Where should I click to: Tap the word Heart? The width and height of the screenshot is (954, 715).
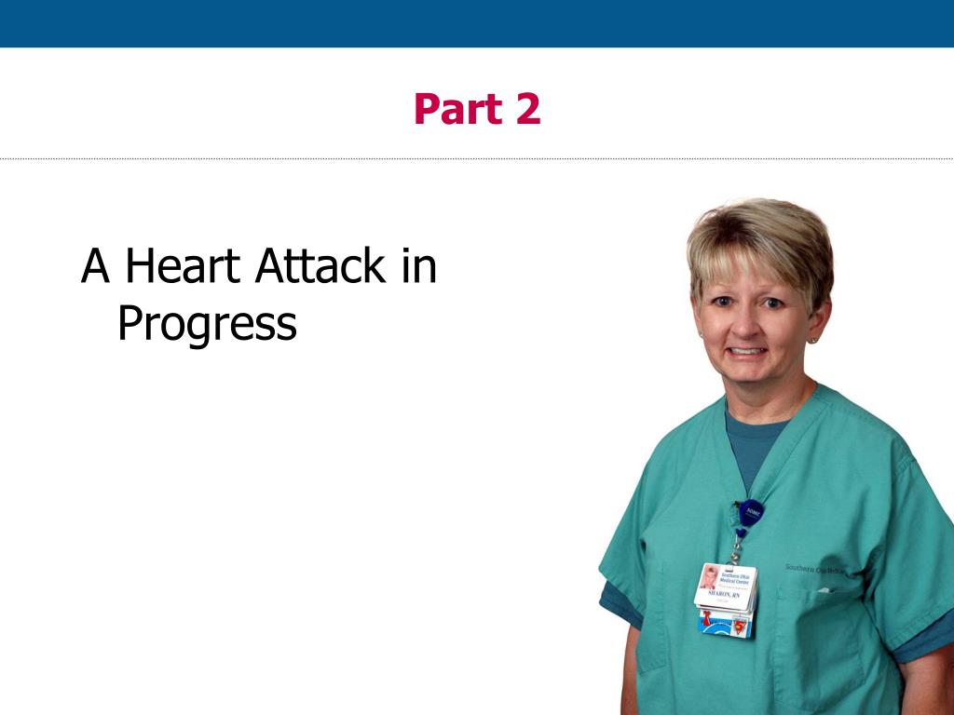pos(185,266)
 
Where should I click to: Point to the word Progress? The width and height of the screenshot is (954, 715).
pos(207,323)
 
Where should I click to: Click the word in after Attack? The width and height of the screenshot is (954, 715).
pos(419,266)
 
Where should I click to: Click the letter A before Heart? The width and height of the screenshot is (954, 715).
pos(96,266)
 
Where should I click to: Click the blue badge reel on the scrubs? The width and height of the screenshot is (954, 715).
pos(751,513)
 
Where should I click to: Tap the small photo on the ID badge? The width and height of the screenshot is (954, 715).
pos(709,577)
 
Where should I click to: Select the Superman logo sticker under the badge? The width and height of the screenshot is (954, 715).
pos(741,627)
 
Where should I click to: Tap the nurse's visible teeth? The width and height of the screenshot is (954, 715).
pos(748,352)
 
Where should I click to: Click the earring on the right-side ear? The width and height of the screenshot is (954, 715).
pos(812,341)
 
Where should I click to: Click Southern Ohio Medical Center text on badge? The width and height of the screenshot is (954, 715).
pos(736,577)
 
